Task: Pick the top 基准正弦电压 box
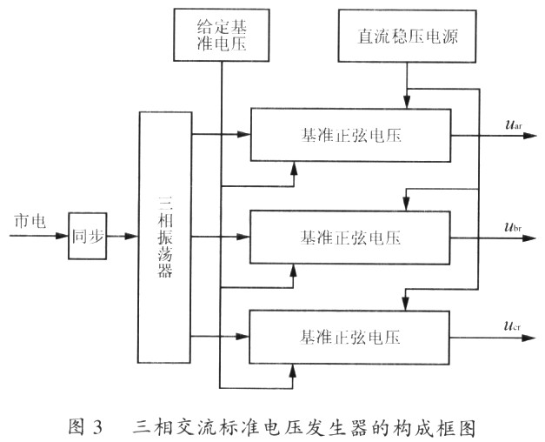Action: [x=350, y=136]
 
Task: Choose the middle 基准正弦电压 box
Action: [x=350, y=236]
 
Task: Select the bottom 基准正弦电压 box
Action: [x=350, y=336]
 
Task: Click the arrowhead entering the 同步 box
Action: [x=63, y=236]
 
